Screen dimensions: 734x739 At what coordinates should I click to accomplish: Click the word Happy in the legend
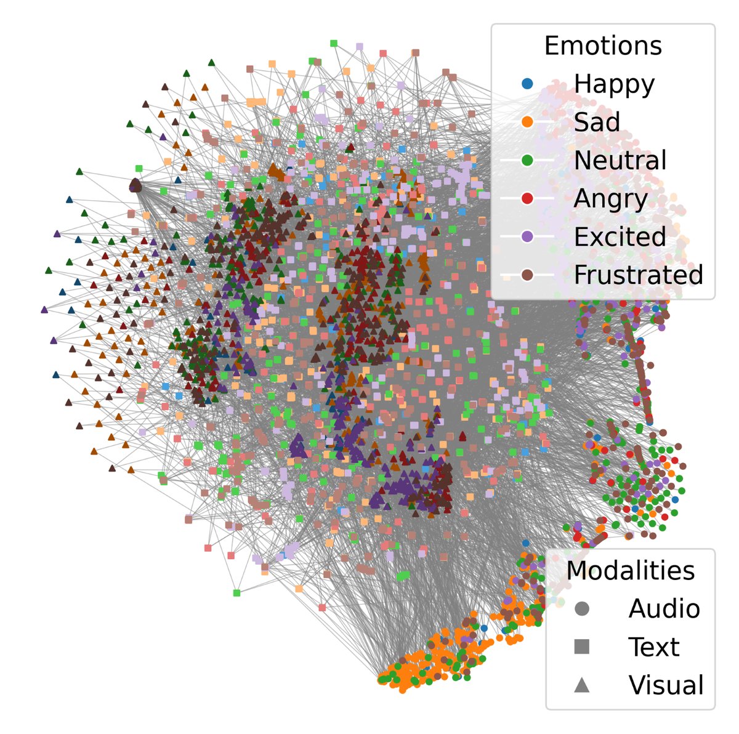tap(614, 84)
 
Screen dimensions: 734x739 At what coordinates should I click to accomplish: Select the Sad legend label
tap(596, 123)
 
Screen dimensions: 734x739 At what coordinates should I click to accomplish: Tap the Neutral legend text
tap(620, 161)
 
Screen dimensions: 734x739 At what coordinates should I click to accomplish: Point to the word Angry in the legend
tap(610, 199)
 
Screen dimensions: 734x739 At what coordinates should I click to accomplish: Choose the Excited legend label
tap(620, 237)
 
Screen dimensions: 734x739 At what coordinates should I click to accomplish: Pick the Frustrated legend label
tap(638, 275)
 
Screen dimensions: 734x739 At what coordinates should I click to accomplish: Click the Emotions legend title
tap(602, 46)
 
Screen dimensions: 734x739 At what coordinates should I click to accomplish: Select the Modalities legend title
tap(630, 571)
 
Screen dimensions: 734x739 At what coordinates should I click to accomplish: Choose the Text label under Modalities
tap(653, 647)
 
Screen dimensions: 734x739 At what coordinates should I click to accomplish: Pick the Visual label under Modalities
tap(666, 685)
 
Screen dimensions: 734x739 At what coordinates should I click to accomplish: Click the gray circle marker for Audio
tap(581, 609)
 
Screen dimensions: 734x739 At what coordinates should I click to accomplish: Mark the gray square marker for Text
tap(581, 647)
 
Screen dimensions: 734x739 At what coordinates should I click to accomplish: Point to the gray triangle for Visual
tap(581, 685)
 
